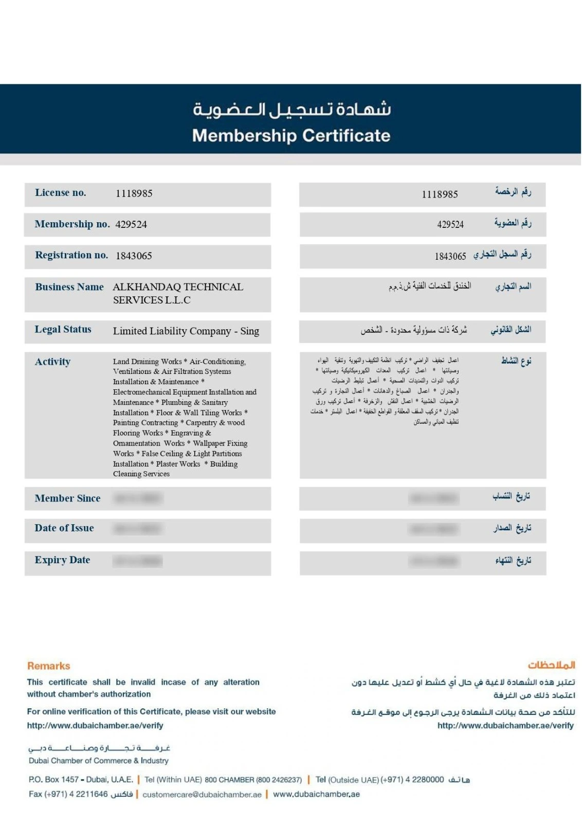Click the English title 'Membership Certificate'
291,135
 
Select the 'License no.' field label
60,193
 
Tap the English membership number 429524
131,224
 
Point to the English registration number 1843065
134,256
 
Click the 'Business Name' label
69,287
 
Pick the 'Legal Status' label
63,329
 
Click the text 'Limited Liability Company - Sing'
186,331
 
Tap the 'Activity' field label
52,362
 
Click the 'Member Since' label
67,498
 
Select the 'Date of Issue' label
64,528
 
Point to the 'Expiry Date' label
62,560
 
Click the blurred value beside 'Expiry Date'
138,561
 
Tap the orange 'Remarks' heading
48,666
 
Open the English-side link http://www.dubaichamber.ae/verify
95,725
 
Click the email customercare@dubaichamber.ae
202,794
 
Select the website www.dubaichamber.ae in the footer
316,794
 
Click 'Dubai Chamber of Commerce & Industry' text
98,760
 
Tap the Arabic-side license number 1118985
440,194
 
